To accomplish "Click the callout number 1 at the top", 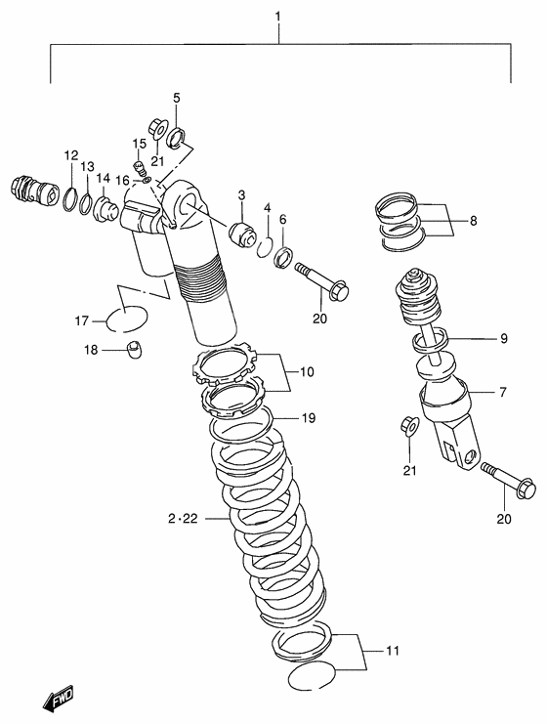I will point(278,17).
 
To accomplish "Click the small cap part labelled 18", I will point(138,351).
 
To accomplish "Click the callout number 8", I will point(474,221).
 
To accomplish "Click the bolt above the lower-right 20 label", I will point(508,485).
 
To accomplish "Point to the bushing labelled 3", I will point(240,235).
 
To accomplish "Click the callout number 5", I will point(177,97).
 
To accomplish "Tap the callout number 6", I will point(282,221).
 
